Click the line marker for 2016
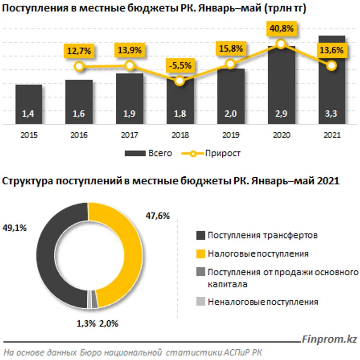tap(79, 66)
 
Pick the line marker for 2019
tap(230, 64)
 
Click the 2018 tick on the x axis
tap(180, 135)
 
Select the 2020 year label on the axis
tap(281, 135)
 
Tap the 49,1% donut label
tap(15, 227)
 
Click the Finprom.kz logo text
tap(329, 339)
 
